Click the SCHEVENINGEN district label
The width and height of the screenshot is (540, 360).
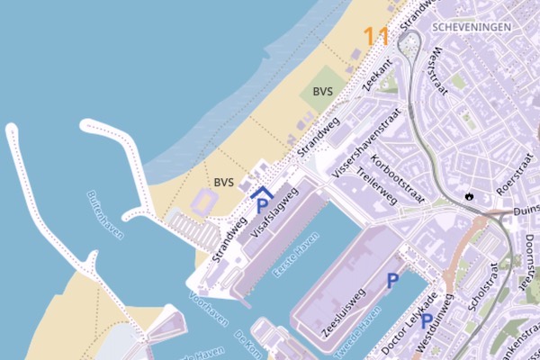[x=472, y=27]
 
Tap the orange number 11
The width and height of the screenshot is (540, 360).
[x=376, y=37]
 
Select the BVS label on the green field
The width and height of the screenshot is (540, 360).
[x=323, y=92]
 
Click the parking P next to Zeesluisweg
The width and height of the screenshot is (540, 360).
[x=392, y=281]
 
